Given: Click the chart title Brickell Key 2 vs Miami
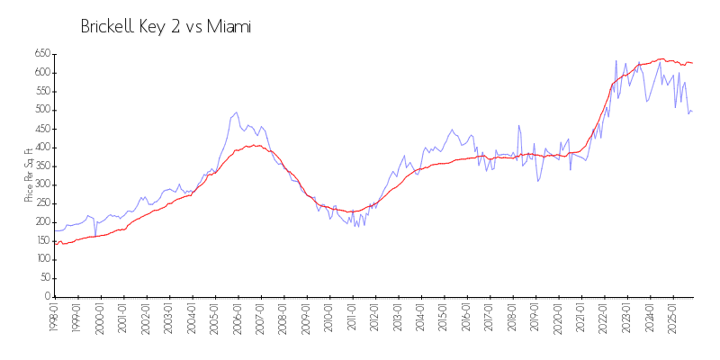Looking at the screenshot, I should [x=166, y=27].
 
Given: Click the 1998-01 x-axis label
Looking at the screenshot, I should [x=54, y=319].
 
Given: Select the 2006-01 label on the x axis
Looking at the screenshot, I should [x=237, y=319].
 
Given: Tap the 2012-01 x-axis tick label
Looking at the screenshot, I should [x=373, y=319].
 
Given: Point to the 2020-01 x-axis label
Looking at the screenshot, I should [x=557, y=319].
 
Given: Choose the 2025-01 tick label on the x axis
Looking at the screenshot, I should [x=671, y=319].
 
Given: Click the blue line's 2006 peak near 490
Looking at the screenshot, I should [x=237, y=112].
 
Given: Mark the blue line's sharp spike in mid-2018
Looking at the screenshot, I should [x=519, y=125].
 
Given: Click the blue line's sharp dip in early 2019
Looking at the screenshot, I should [x=538, y=181].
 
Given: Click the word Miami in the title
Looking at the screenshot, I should [x=229, y=27].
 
